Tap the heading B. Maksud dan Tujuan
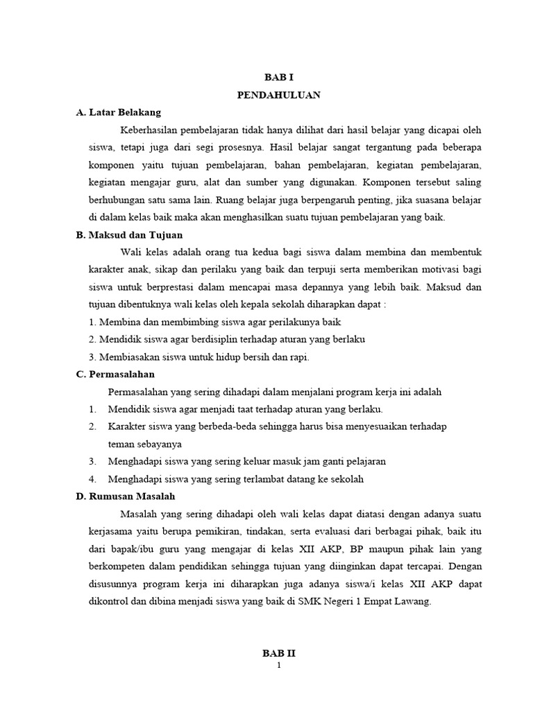(128, 234)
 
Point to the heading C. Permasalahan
(115, 374)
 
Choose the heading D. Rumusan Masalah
(126, 496)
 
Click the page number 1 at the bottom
(279, 666)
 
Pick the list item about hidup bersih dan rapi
(199, 357)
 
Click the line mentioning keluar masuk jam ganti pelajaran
(247, 461)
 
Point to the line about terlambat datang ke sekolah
(236, 479)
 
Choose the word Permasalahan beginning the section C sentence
(143, 392)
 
